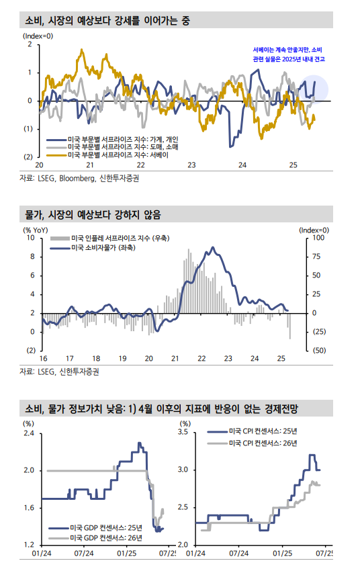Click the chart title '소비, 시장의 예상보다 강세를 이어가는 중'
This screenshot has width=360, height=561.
click(x=107, y=21)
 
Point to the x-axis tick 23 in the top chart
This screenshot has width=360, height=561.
click(x=191, y=165)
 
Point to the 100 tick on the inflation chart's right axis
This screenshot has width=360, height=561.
click(x=319, y=238)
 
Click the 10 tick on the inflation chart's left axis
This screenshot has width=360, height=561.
click(x=30, y=238)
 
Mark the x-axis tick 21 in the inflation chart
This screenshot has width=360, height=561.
click(x=175, y=358)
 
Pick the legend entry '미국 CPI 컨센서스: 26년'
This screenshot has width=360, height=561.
click(x=263, y=443)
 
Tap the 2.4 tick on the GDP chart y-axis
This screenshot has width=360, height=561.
click(x=28, y=433)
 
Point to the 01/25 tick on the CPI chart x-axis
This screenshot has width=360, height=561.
click(x=281, y=553)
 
